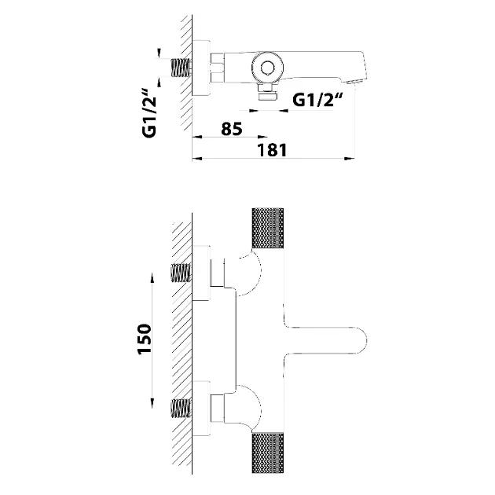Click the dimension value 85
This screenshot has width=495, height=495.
pos(231,129)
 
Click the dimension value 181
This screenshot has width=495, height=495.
pos(273,149)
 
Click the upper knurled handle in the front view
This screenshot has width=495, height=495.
pos(267,229)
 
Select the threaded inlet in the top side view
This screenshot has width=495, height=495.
pos(181,65)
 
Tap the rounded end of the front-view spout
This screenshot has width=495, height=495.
pos(357,339)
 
